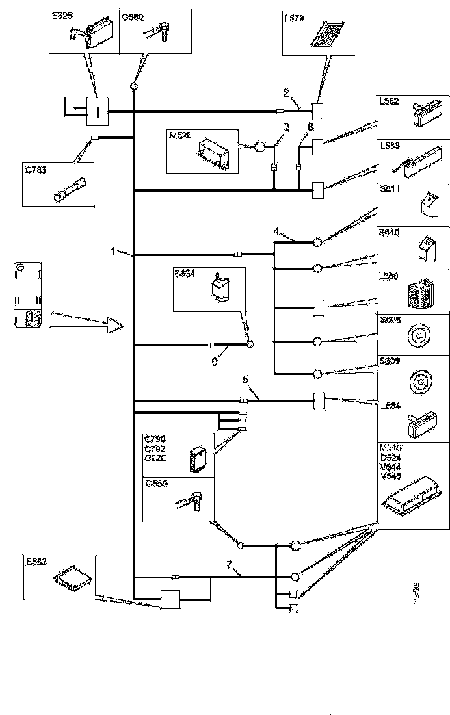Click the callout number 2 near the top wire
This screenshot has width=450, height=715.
click(285, 93)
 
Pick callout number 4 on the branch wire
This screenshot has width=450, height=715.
click(276, 231)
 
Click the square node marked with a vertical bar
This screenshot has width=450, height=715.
click(98, 112)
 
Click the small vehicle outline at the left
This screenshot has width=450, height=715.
click(26, 295)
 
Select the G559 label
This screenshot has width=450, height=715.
click(156, 484)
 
